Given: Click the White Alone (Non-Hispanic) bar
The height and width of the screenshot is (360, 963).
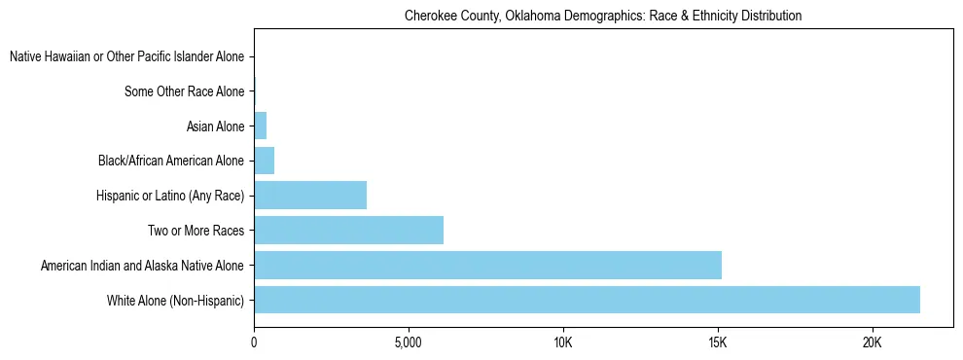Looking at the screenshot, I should point(587,300).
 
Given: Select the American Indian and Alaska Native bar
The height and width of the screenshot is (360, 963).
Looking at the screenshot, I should point(487,265).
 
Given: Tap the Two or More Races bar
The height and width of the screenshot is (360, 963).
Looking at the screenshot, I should point(348,230).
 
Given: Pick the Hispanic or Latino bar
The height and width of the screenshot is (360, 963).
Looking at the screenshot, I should point(310,195).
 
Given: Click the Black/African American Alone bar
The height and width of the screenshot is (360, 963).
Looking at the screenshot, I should point(264,161).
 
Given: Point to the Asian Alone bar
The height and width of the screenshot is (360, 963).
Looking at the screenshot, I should point(260,126).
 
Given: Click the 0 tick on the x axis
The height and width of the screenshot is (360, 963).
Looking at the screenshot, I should point(254,342).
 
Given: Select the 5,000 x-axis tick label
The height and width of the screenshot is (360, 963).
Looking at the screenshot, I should point(409,342).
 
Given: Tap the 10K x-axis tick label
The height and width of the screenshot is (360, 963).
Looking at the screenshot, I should point(563,342).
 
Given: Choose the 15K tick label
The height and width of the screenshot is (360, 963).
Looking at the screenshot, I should point(718,342).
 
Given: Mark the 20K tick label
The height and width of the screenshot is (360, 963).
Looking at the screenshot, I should point(872,342).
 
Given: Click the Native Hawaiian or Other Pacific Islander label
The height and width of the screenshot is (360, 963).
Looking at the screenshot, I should point(126,56).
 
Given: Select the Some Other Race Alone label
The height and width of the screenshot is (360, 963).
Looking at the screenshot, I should point(185,91).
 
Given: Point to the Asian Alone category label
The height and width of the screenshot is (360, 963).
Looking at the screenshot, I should point(215,126).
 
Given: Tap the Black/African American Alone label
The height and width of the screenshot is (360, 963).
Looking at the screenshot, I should point(171,161).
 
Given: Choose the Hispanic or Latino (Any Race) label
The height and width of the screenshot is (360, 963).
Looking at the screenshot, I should point(170,196).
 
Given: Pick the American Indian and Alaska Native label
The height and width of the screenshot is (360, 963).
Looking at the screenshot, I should point(142,265).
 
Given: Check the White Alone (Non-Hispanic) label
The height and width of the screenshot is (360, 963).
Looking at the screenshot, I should point(175,300).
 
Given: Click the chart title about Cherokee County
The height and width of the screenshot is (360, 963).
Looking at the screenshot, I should point(603,16).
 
